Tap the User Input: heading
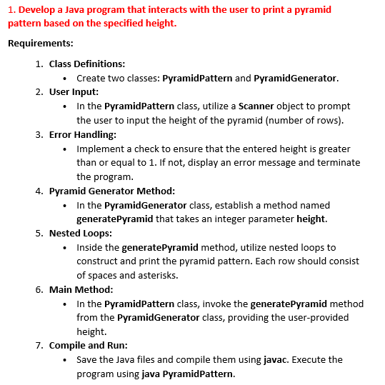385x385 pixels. pos(74,92)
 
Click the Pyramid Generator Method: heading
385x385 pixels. pos(112,191)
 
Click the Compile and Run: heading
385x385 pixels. pos(87,345)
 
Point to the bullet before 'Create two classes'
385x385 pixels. pos(66,78)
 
